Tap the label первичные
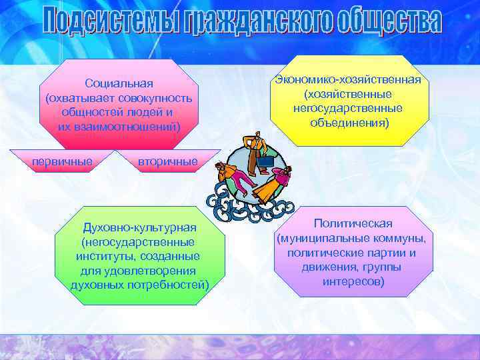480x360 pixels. tap(63, 161)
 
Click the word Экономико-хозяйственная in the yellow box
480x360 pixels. tap(347, 80)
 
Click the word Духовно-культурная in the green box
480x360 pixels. tap(139, 228)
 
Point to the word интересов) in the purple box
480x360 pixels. tap(353, 282)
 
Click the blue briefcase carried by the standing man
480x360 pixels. tap(265, 161)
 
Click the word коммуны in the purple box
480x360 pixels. tap(402, 238)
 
